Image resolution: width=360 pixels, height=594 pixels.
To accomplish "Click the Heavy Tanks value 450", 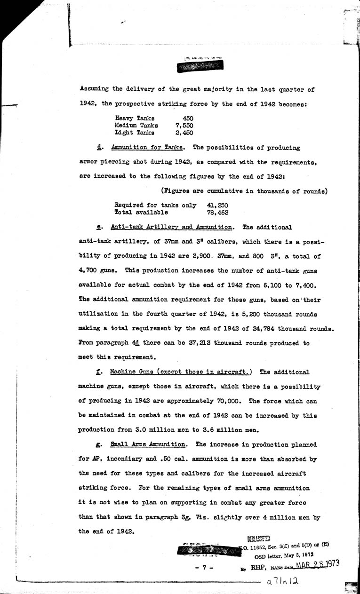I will [188, 119].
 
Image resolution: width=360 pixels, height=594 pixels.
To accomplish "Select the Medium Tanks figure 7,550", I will [184, 126].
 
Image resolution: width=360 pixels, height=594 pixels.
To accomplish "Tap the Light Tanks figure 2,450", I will [184, 133].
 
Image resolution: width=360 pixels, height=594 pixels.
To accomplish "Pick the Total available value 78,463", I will [217, 213].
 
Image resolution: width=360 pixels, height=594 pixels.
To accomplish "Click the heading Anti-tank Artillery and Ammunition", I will [171, 227].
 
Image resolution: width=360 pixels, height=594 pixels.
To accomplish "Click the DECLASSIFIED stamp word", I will [258, 539].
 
